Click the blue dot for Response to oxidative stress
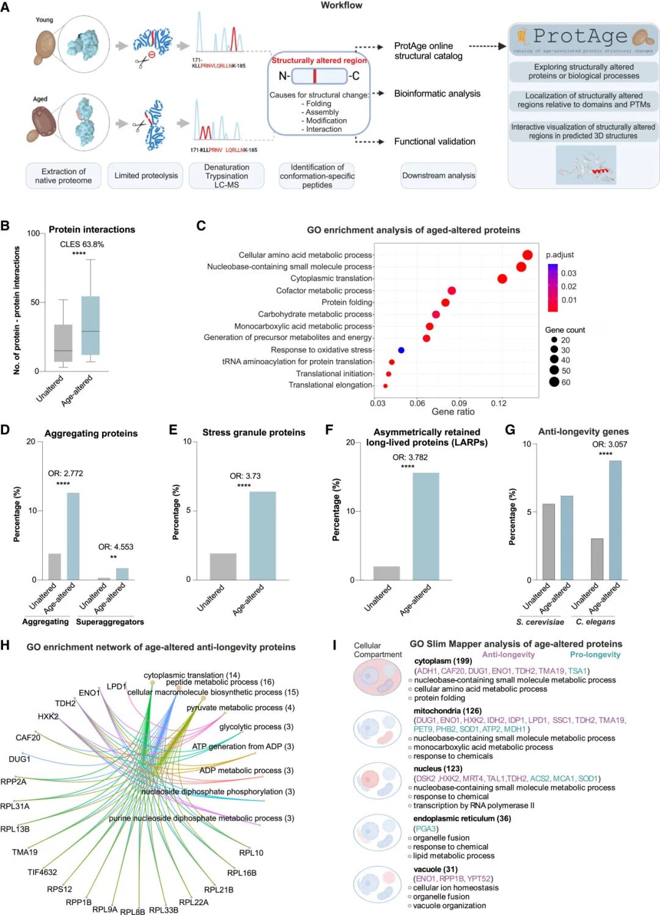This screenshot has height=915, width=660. pyautogui.click(x=401, y=350)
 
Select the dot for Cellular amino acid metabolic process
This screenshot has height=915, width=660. pyautogui.click(x=527, y=255)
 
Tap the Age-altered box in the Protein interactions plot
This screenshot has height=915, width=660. pyautogui.click(x=90, y=325)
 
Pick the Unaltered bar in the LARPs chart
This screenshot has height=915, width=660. pyautogui.click(x=386, y=573)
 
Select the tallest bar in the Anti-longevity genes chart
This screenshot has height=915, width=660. pyautogui.click(x=615, y=520)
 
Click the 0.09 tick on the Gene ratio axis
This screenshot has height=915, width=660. pyautogui.click(x=459, y=403)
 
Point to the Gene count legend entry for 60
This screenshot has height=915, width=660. pyautogui.click(x=554, y=382)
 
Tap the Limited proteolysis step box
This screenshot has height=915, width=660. pyautogui.click(x=146, y=175)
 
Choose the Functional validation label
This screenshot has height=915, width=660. pyautogui.click(x=435, y=141)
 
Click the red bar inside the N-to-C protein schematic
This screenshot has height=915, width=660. pyautogui.click(x=315, y=76)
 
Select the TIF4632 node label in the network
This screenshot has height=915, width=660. pyautogui.click(x=42, y=872)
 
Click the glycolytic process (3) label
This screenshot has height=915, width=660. pyautogui.click(x=256, y=727)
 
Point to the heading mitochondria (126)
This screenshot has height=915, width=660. pyautogui.click(x=447, y=711)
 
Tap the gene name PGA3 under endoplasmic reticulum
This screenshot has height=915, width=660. pyautogui.click(x=426, y=829)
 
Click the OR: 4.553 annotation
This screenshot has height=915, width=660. pyautogui.click(x=116, y=547)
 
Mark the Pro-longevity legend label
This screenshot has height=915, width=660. pyautogui.click(x=595, y=655)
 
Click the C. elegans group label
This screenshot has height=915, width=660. pyautogui.click(x=595, y=622)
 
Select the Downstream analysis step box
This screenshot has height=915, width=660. pyautogui.click(x=438, y=175)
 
